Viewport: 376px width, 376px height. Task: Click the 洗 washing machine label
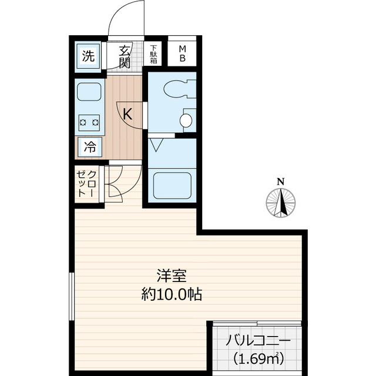(88, 57)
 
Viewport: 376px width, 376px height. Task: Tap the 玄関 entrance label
(124, 56)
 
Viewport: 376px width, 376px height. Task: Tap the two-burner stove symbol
(88, 123)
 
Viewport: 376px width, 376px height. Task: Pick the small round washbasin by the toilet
(185, 121)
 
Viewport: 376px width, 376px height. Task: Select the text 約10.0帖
(171, 296)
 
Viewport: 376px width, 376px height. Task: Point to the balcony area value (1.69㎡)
(258, 358)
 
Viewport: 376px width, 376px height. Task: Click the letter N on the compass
(281, 181)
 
